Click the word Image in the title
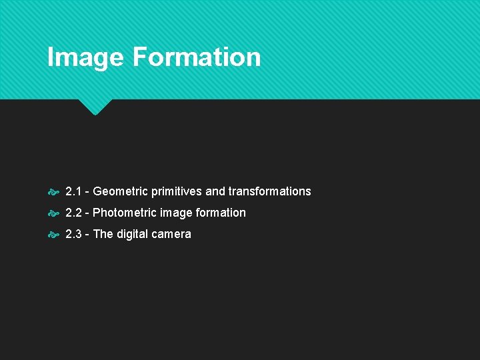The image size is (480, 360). (85, 57)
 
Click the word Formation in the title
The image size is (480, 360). (196, 57)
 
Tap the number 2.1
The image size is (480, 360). (73, 191)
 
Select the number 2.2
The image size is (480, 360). (73, 213)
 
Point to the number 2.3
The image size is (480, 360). (73, 234)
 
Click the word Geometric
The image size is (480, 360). (121, 191)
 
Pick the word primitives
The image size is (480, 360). (177, 191)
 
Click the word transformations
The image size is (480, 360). (269, 191)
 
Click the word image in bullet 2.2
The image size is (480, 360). (175, 213)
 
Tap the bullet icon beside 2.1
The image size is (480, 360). (53, 192)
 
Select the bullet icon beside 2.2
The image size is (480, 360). (53, 213)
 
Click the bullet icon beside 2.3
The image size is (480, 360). (53, 235)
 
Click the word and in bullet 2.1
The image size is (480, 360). (215, 191)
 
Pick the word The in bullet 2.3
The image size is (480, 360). (103, 234)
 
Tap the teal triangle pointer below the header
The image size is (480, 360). (95, 106)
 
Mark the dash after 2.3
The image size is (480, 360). (87, 235)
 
